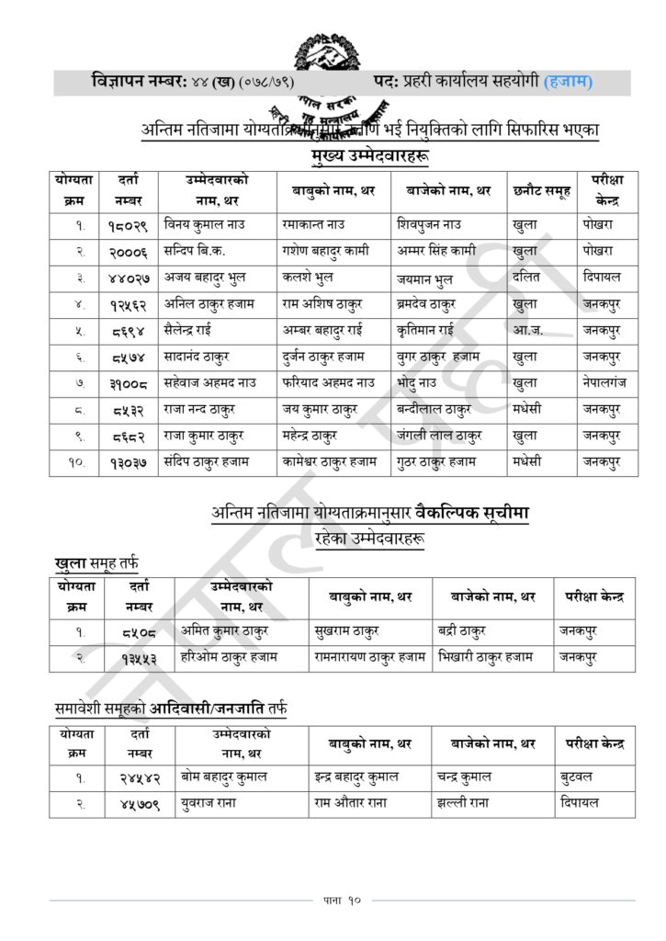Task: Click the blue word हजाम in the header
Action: coord(569,82)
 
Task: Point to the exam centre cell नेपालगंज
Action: coord(604,381)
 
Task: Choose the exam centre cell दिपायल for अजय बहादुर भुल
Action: coord(602,275)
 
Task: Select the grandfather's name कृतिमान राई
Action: coord(427,328)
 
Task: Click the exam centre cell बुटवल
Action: coord(578,776)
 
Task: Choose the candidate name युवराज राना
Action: coord(213,801)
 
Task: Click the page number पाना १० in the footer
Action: coord(333,899)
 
